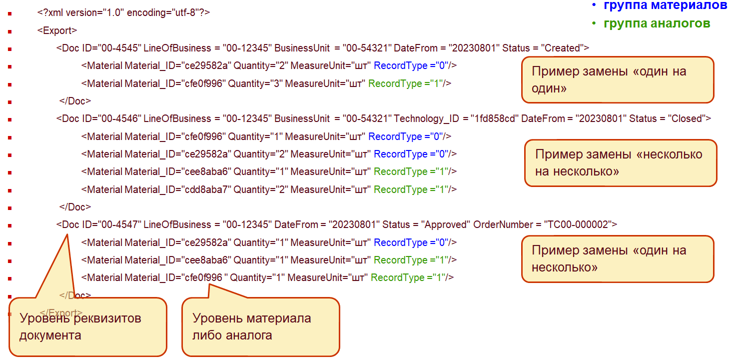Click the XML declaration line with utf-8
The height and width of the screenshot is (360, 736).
coord(123,12)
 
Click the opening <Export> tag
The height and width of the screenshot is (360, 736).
coord(57,30)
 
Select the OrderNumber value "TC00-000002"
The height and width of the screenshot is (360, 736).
coord(578,224)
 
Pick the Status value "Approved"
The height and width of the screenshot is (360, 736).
coord(446,224)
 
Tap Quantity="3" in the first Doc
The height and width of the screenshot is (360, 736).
coord(256,83)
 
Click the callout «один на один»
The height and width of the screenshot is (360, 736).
coord(617,79)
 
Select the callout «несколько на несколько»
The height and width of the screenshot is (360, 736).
coord(620,162)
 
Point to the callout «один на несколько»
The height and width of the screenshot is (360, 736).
coord(617,258)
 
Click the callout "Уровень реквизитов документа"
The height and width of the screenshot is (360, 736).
coord(87,327)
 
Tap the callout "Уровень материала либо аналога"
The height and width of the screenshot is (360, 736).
coord(260,327)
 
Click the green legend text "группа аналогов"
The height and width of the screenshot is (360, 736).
coord(656,23)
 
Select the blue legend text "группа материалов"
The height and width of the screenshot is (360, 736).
coord(665,5)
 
